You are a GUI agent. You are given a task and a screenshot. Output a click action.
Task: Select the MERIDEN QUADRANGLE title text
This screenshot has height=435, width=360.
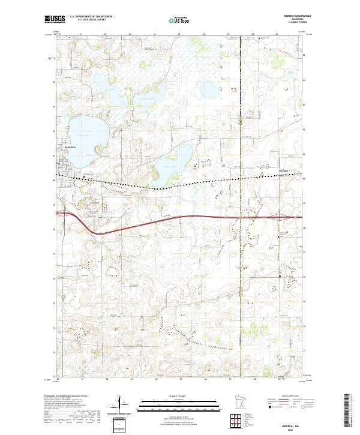(x=287, y=16)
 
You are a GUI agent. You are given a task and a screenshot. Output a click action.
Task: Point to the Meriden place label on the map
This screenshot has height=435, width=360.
(x=284, y=170)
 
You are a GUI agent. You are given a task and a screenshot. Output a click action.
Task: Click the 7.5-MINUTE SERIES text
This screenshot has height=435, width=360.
(x=287, y=23)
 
